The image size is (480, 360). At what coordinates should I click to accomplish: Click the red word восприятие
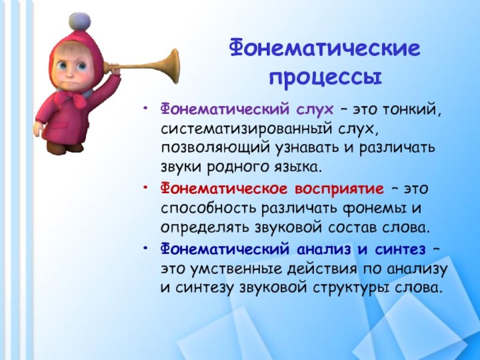339,189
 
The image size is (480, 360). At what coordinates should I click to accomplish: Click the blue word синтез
400,250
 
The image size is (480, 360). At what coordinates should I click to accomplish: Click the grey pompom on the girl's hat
80,22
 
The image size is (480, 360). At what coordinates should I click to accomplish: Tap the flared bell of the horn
172,66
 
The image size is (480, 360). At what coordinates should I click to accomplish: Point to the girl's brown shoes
64,147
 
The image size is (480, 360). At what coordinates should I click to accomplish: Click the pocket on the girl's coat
61,126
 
